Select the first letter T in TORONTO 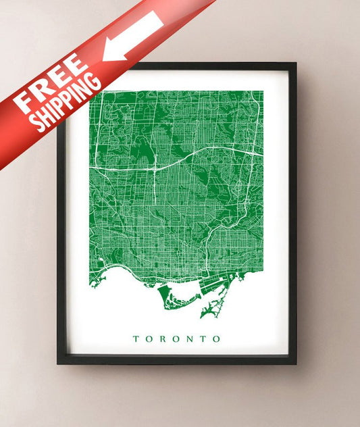coord(136,338)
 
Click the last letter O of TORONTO coord(216,338)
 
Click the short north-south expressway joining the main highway coord(155,182)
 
